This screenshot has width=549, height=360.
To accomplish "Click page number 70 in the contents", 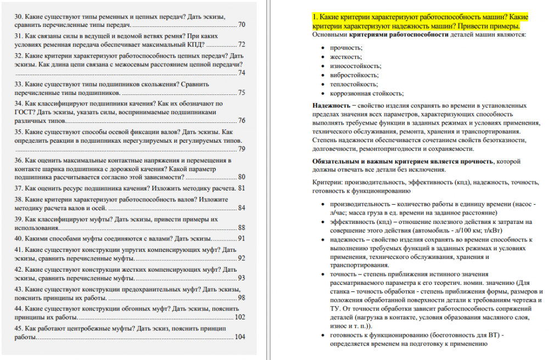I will tap(242, 25).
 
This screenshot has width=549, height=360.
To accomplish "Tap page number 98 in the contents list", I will tap(242, 298).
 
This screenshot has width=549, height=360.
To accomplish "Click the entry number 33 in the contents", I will tap(19, 85).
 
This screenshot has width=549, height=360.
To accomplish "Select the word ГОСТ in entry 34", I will tap(24, 112).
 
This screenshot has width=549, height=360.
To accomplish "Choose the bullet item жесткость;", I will tap(346, 57).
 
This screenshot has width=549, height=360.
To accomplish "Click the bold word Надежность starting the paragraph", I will tap(330, 105).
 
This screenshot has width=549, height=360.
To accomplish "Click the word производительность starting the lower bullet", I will tap(358, 204).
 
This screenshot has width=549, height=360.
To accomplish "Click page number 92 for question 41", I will tap(242, 258).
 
